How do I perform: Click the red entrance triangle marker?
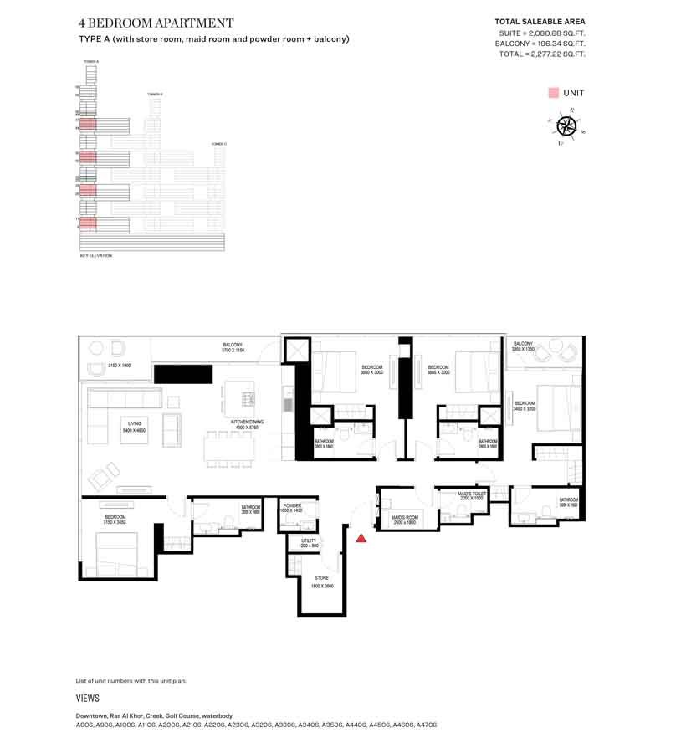(x=361, y=538)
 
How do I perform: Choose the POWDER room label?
(x=292, y=507)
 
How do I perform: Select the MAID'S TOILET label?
(x=472, y=495)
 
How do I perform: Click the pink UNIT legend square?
(x=553, y=93)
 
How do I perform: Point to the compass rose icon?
(x=566, y=126)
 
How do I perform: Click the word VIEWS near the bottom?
(x=88, y=698)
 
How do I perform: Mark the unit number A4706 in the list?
(x=427, y=725)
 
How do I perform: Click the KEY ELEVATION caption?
(x=95, y=255)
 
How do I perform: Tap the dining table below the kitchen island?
(x=228, y=449)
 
